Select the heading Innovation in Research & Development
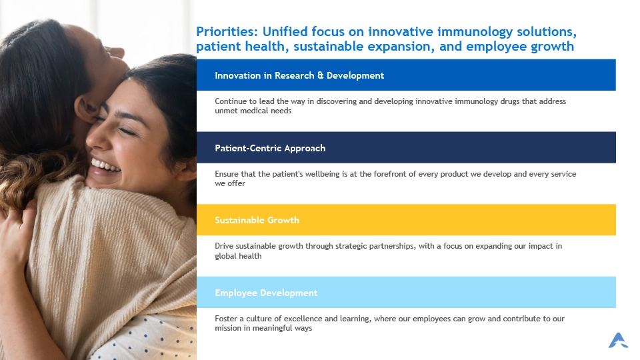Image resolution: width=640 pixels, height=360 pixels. coord(299,75)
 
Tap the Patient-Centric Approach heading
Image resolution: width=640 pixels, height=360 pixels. coord(270,148)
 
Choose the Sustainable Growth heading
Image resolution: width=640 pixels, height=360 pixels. coord(257,220)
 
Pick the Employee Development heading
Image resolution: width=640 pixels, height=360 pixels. coord(266,293)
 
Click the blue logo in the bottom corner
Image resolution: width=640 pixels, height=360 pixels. coord(618,341)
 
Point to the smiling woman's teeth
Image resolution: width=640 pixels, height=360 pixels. coord(105,166)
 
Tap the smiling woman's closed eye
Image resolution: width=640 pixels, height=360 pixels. coord(127,131)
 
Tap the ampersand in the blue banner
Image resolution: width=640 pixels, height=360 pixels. coord(321,75)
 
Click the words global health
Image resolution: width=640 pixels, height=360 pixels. coord(238,256)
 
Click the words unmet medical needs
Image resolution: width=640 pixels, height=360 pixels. coord(253,111)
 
